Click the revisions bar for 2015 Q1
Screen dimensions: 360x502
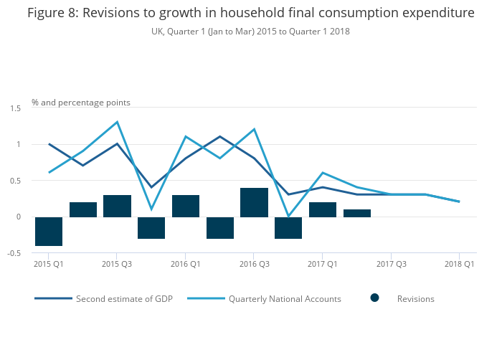(49, 231)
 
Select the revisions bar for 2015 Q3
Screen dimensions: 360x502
(117, 206)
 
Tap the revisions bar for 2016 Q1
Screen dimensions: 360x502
(186, 206)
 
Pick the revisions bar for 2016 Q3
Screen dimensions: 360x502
(254, 202)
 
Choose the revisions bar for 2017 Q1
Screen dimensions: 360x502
(323, 209)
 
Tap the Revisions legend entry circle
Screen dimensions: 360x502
(375, 298)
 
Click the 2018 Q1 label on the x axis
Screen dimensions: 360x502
(460, 264)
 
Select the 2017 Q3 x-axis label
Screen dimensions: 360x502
(391, 264)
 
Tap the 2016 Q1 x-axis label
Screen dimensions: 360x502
(186, 264)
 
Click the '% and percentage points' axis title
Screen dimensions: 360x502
(81, 103)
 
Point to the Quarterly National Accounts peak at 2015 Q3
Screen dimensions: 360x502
(117, 122)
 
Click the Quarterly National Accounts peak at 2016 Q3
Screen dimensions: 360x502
(254, 129)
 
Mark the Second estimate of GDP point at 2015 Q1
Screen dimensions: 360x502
(49, 144)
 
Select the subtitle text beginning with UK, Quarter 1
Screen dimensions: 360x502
(250, 32)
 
